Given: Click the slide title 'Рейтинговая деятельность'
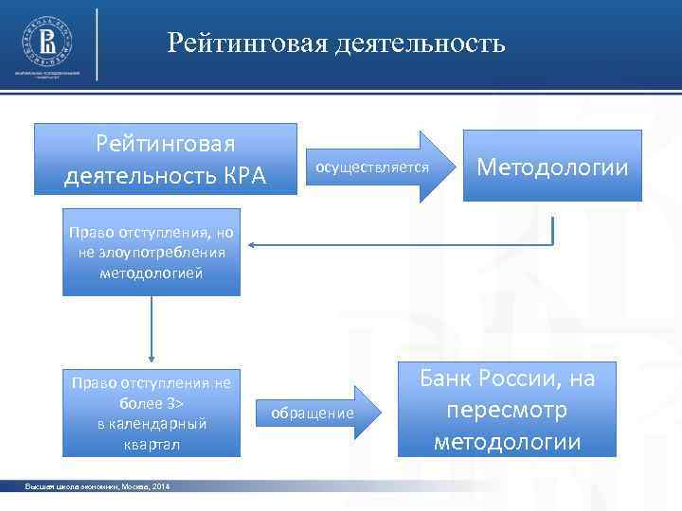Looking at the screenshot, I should pyautogui.click(x=336, y=44).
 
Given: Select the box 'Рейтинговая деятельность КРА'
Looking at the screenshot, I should pyautogui.click(x=165, y=160).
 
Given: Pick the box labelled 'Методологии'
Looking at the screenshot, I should pyautogui.click(x=552, y=167).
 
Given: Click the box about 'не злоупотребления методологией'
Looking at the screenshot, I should pyautogui.click(x=151, y=253).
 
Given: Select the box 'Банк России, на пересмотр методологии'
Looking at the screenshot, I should pyautogui.click(x=507, y=410).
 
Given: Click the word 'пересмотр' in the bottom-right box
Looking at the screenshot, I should pyautogui.click(x=507, y=411).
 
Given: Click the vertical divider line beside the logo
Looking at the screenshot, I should pyautogui.click(x=98, y=43).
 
